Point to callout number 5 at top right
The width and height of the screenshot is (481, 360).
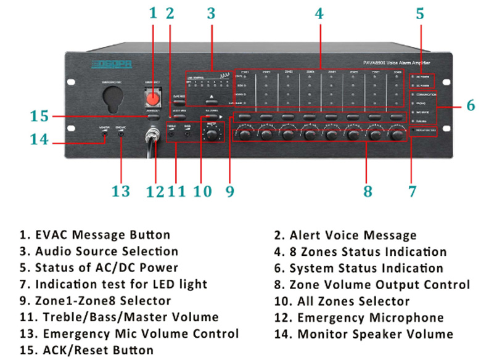point(419,14)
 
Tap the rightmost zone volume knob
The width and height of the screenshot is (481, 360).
point(397,133)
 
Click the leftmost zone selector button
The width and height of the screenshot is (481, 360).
point(245,117)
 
